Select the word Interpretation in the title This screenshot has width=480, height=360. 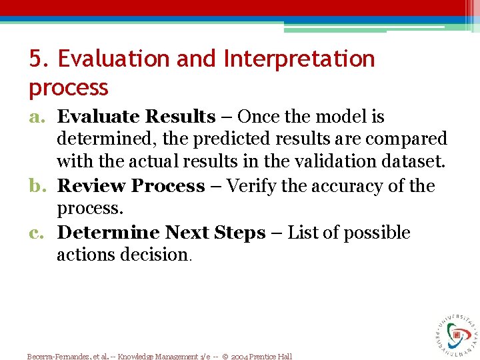click(x=299, y=59)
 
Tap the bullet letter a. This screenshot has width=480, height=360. click(x=37, y=117)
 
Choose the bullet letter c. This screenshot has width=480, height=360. click(x=37, y=233)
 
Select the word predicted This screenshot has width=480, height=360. click(x=199, y=139)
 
